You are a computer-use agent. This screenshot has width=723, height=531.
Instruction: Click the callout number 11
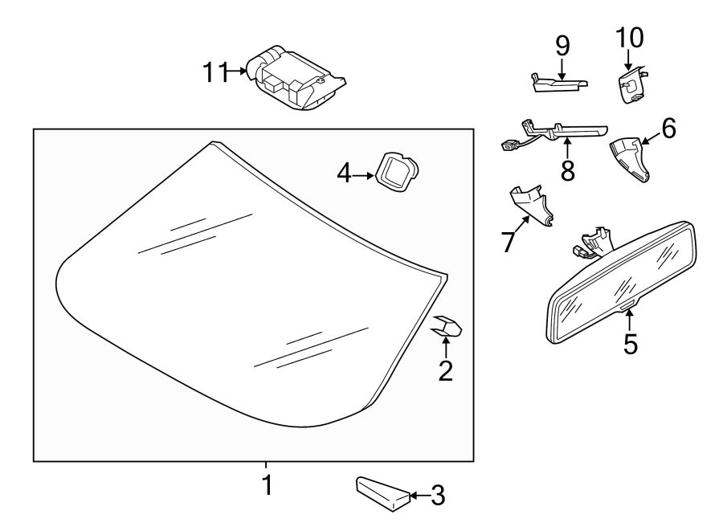(215, 72)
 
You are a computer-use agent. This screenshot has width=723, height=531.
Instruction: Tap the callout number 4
(345, 173)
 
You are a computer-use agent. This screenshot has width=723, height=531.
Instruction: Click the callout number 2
(445, 370)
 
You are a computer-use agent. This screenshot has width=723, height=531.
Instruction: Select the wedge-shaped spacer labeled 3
(381, 492)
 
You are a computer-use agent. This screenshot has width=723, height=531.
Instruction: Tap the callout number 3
(437, 496)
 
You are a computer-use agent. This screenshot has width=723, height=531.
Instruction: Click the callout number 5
(631, 343)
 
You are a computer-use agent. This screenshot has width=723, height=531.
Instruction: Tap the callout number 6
(669, 128)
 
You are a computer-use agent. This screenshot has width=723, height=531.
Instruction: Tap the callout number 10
(630, 37)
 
